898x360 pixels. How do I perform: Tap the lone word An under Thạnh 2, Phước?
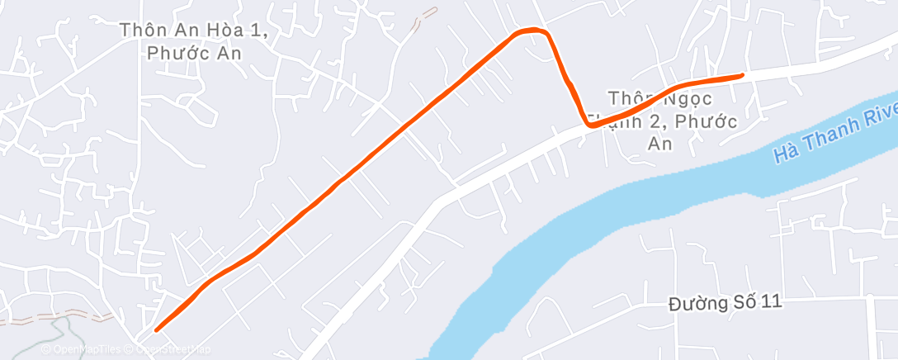(660, 143)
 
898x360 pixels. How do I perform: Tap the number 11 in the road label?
(771, 302)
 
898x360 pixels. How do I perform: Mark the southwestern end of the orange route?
(157, 330)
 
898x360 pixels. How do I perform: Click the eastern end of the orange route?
(742, 75)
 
